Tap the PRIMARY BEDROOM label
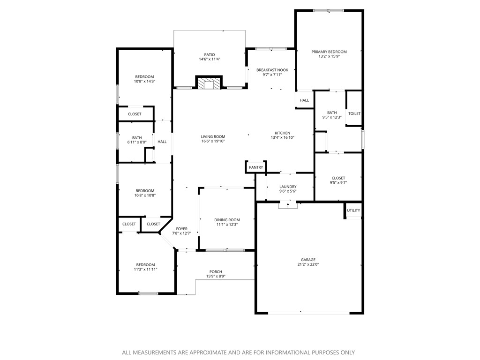pyautogui.click(x=329, y=52)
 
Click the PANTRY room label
pyautogui.click(x=256, y=167)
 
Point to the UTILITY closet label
pyautogui.click(x=353, y=210)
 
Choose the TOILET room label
pyautogui.click(x=354, y=113)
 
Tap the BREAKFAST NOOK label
pyautogui.click(x=272, y=70)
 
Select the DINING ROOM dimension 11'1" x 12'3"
pyautogui.click(x=227, y=225)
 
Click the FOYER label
pyautogui.click(x=181, y=229)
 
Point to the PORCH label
pyautogui.click(x=216, y=272)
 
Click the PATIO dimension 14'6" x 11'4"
pyautogui.click(x=209, y=60)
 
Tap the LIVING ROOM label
pyautogui.click(x=213, y=136)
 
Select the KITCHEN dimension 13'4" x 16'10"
pyautogui.click(x=282, y=138)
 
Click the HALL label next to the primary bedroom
pyautogui.click(x=304, y=100)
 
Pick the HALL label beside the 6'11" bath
pyautogui.click(x=162, y=142)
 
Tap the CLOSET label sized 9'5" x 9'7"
pyautogui.click(x=338, y=183)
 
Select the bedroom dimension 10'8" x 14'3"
pyautogui.click(x=144, y=82)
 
